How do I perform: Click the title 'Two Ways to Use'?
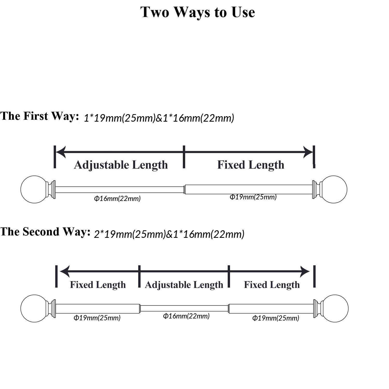[x=198, y=12]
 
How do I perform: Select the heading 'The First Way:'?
[x=39, y=116]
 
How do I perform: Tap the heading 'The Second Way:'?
[x=45, y=232]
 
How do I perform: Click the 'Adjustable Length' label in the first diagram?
[x=121, y=165]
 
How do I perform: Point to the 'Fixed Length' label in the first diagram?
[x=251, y=165]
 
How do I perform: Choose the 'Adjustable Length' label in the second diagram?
[x=184, y=285]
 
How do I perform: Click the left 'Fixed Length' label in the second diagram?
[x=98, y=285]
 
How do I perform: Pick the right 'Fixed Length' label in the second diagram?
[x=272, y=285]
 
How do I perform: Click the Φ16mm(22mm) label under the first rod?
[x=117, y=199]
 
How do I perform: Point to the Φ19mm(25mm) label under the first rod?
[x=253, y=197]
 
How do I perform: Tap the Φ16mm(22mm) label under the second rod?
[x=186, y=316]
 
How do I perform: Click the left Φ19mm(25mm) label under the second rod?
[x=97, y=318]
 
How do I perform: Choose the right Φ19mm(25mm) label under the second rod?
[x=276, y=318]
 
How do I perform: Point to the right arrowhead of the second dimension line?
[x=305, y=272]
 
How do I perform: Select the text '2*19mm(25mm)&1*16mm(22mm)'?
[x=169, y=234]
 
